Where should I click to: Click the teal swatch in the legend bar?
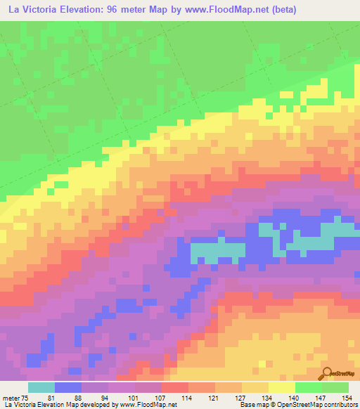[x=41, y=387]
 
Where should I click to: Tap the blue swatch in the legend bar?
[x=68, y=387]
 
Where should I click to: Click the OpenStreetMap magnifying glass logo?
[x=328, y=375]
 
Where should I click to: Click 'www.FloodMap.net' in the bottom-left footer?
[x=148, y=405]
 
